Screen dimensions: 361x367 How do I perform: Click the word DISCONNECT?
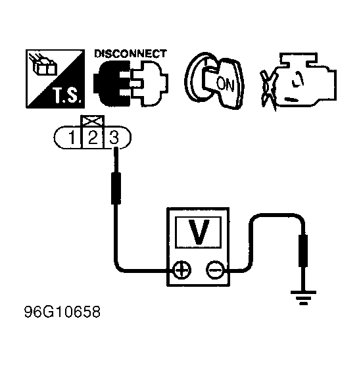point(130,54)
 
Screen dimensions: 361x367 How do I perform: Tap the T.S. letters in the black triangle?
point(68,95)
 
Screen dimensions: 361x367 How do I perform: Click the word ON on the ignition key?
point(225,84)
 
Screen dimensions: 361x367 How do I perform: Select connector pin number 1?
point(72,137)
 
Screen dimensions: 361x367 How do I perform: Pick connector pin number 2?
point(93,137)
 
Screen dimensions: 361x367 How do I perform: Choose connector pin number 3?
point(114,137)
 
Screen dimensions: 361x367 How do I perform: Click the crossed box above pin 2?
point(93,121)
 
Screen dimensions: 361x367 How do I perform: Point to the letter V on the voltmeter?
point(199,232)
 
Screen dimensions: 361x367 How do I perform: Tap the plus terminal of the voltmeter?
point(181,270)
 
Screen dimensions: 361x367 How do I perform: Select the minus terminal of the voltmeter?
point(214,270)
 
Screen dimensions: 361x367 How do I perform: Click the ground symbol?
point(303,297)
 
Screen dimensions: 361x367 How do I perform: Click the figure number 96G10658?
point(62,312)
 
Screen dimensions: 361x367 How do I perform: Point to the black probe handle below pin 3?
point(116,188)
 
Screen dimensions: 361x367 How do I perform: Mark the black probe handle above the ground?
point(303,251)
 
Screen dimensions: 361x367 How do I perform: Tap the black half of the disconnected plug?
point(112,84)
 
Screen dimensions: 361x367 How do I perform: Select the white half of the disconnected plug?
point(149,84)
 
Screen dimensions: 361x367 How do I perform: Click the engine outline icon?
point(305,80)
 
